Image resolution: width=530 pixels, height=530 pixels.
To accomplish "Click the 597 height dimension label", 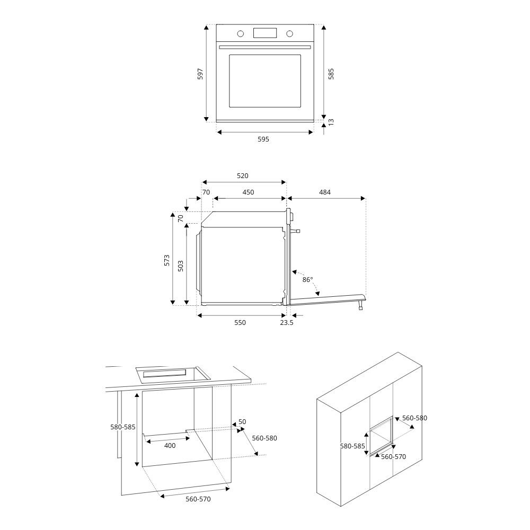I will click(200, 73).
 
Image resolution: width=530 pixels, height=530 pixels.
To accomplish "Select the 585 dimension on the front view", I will click(331, 73).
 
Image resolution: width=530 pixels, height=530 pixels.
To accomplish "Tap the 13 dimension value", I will click(331, 122).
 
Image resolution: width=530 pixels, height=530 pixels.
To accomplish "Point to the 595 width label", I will click(263, 139).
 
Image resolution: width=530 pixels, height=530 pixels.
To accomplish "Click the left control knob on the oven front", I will click(241, 33).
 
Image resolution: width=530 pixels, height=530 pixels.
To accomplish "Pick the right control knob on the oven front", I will click(289, 33).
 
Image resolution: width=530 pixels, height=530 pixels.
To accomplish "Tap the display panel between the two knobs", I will click(265, 33).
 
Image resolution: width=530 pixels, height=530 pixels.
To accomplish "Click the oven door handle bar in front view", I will click(265, 48).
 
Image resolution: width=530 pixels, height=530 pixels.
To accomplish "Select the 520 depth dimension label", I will click(243, 176).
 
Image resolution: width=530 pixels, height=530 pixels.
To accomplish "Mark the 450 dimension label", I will click(248, 192).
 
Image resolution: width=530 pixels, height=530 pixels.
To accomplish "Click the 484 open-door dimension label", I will click(325, 192).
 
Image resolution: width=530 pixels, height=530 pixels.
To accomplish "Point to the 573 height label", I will click(166, 260).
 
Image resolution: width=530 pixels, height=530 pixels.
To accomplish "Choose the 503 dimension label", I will click(181, 265).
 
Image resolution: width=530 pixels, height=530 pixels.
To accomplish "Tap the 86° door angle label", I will click(307, 279).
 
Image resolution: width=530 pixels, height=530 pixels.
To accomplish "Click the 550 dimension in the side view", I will click(240, 323).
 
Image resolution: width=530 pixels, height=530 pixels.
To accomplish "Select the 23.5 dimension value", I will click(287, 323).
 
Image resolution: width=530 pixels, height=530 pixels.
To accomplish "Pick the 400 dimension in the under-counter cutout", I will click(170, 446).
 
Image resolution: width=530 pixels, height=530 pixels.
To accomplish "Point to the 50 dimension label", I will click(242, 422).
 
